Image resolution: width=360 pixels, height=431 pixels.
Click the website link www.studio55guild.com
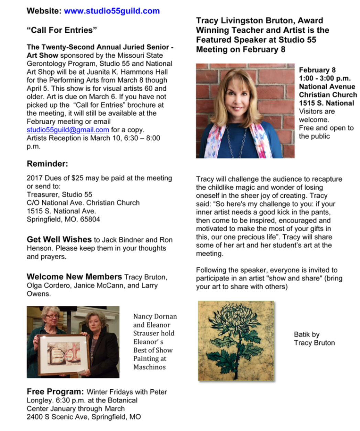[x=111, y=11]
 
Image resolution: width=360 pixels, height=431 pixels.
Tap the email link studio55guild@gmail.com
[x=68, y=130]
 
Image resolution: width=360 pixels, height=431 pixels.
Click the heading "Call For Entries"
[x=62, y=30]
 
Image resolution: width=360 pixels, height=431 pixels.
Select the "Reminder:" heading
[x=47, y=164]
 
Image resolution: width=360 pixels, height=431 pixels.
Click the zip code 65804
[x=90, y=219]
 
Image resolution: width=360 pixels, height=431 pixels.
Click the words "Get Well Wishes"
[x=59, y=240]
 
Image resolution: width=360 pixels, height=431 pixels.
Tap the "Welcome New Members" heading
[x=74, y=277]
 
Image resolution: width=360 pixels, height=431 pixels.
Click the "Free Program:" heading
[x=55, y=392]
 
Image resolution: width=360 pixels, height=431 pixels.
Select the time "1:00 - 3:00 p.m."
[x=325, y=78]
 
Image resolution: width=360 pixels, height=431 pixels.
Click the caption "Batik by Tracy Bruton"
[x=314, y=338]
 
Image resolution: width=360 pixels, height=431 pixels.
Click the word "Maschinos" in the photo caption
[x=150, y=367]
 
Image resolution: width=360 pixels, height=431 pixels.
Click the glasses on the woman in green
[x=52, y=316]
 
